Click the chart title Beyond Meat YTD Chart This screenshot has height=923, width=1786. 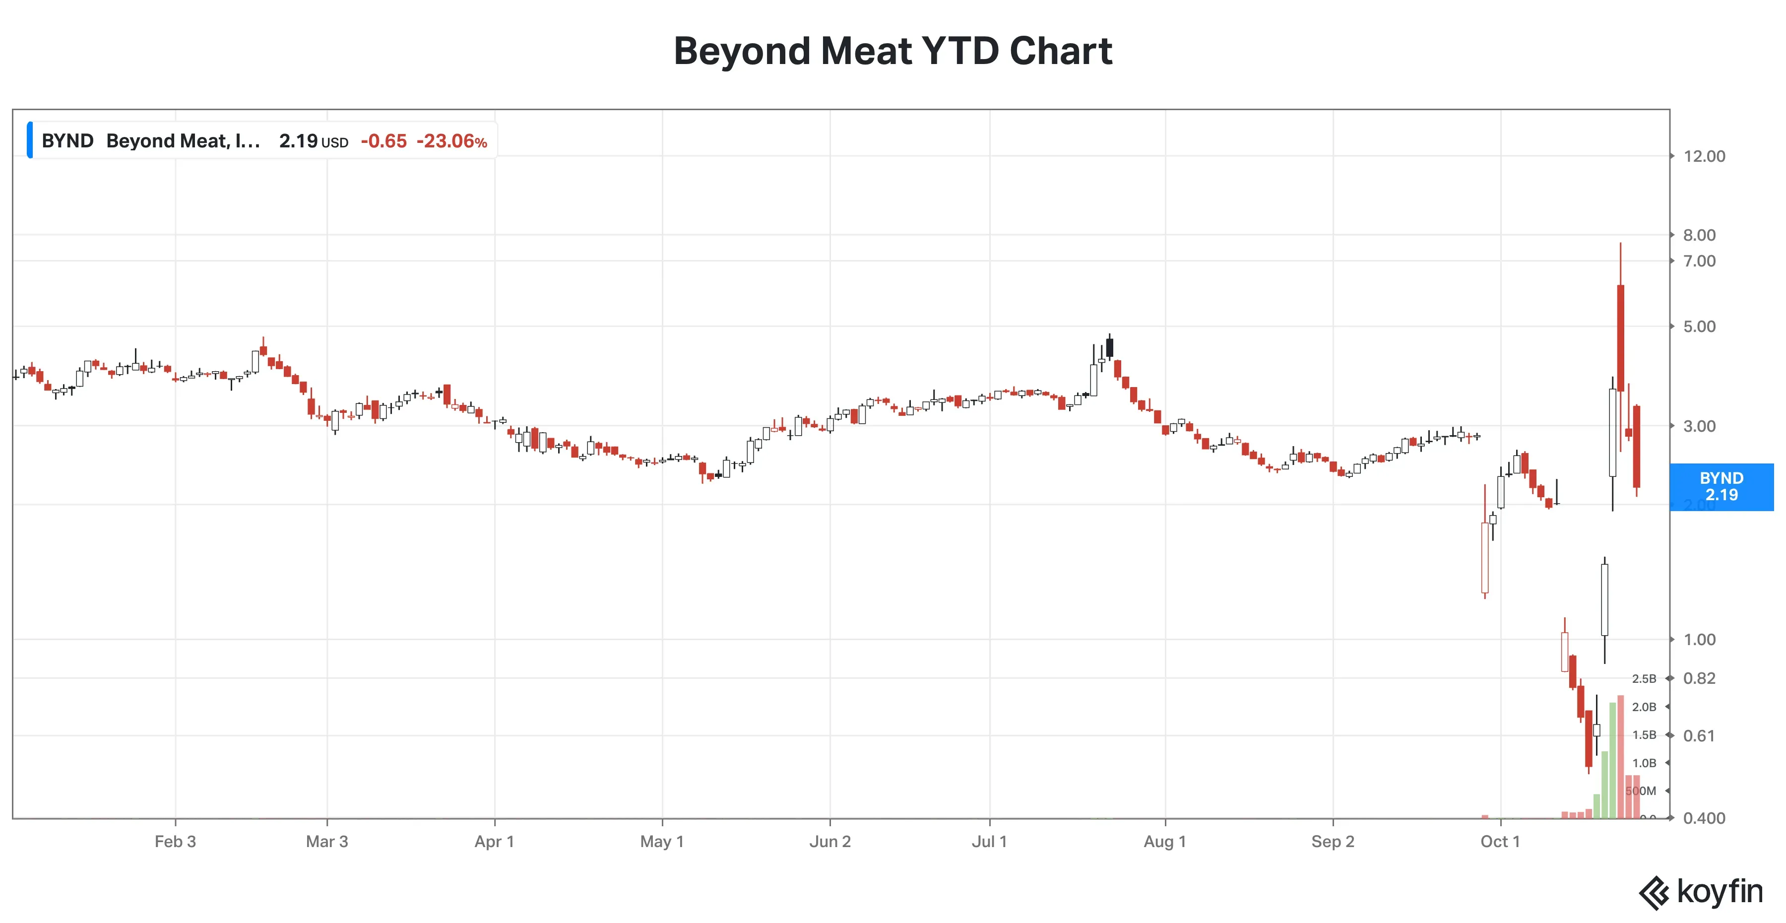click(893, 51)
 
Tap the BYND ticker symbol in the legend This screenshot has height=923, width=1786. click(67, 141)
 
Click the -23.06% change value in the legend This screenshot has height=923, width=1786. click(451, 141)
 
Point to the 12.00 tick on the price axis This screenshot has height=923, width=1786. click(1704, 156)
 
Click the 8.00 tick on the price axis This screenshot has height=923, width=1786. click(1699, 235)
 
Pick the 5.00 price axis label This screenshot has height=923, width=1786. click(1699, 327)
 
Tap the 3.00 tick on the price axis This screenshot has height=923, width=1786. click(1699, 426)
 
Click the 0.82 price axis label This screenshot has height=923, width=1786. click(1699, 678)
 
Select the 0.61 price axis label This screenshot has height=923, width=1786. click(1699, 736)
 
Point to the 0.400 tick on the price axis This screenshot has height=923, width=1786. click(1704, 818)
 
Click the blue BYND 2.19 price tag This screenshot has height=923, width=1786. click(1721, 487)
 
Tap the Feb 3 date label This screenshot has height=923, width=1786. click(176, 842)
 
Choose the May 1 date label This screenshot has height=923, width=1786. click(662, 842)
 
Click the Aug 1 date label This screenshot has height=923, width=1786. click(1165, 842)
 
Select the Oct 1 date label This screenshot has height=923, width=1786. click(1500, 842)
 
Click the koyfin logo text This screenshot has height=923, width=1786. click(1720, 892)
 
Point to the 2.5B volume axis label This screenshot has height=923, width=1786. click(1644, 679)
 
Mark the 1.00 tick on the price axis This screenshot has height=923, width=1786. click(1699, 639)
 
